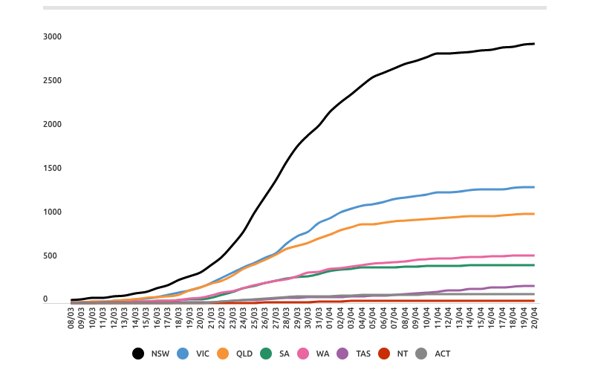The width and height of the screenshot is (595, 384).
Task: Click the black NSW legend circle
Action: pos(139,354)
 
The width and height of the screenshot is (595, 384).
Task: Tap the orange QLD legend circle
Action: pos(224,354)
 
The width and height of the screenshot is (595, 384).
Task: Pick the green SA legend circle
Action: pos(267,354)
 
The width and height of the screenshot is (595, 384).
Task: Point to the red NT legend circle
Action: pos(384,354)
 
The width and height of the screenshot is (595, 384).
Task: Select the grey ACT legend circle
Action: pos(422,354)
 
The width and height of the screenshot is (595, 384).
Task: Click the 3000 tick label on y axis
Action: pos(52,37)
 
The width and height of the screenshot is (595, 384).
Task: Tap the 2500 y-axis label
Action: pos(52,81)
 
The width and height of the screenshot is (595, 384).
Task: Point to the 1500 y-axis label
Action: pos(52,169)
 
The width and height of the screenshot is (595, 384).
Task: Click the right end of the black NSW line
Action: pos(534,44)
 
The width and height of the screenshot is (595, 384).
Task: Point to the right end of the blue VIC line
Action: pos(534,187)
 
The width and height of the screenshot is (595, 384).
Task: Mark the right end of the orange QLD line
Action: pos(534,214)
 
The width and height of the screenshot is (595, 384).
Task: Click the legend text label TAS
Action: pos(362,354)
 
